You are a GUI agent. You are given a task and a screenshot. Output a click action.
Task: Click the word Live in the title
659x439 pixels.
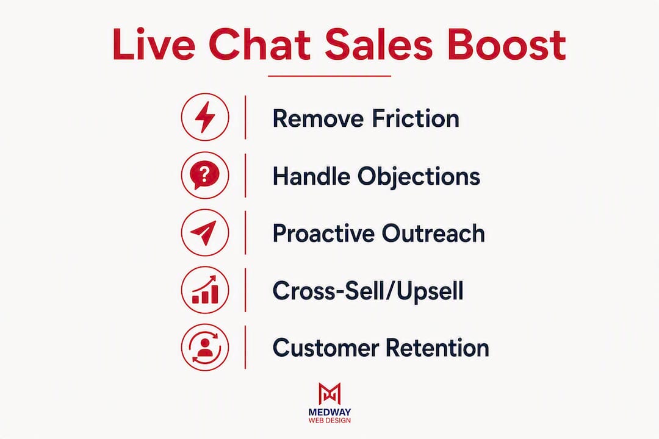[x=154, y=45]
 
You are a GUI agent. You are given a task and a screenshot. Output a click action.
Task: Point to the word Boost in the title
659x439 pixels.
[x=506, y=45]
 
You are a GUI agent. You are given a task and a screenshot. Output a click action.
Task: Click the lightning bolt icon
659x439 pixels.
[x=205, y=117]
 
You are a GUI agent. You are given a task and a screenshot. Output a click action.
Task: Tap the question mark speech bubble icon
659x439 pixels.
[x=205, y=175]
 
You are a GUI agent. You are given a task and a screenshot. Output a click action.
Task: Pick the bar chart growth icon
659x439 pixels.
[x=205, y=290]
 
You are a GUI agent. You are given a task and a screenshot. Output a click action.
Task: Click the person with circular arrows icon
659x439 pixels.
[x=205, y=348]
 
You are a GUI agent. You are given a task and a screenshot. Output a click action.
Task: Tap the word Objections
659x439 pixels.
[x=419, y=176]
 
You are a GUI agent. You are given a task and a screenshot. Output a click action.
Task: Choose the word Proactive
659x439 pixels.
[x=323, y=233]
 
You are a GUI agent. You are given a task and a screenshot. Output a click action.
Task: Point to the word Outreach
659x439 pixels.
[x=433, y=233]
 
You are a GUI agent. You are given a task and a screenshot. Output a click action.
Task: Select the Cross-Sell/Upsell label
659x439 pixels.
[x=368, y=291]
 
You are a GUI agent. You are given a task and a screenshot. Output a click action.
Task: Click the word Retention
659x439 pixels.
[x=438, y=348]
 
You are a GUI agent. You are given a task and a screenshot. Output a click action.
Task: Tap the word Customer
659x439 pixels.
[x=326, y=348]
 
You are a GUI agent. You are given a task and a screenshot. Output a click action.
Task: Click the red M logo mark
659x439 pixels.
[x=329, y=394]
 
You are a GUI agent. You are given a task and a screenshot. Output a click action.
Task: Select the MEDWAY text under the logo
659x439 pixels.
[x=329, y=412]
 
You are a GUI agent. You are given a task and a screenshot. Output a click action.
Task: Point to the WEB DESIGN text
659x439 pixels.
[x=329, y=420]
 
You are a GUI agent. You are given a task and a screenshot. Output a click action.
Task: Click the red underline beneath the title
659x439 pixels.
[x=329, y=76]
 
